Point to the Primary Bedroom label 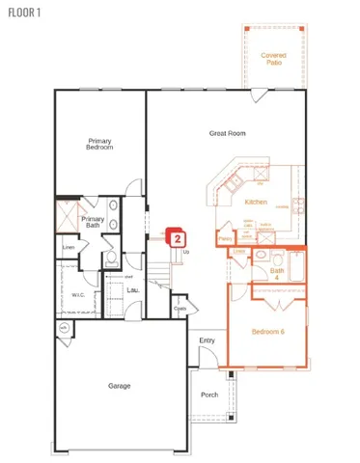coord(99,144)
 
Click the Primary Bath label coord(93,221)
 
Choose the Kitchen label coord(256,202)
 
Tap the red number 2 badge coord(178,234)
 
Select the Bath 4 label coord(277,272)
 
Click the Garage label coord(119,386)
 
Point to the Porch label coord(209,395)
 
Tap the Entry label coord(207,340)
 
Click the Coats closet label coord(180,309)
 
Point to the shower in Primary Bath coord(66,217)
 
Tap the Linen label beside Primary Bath coord(68,248)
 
